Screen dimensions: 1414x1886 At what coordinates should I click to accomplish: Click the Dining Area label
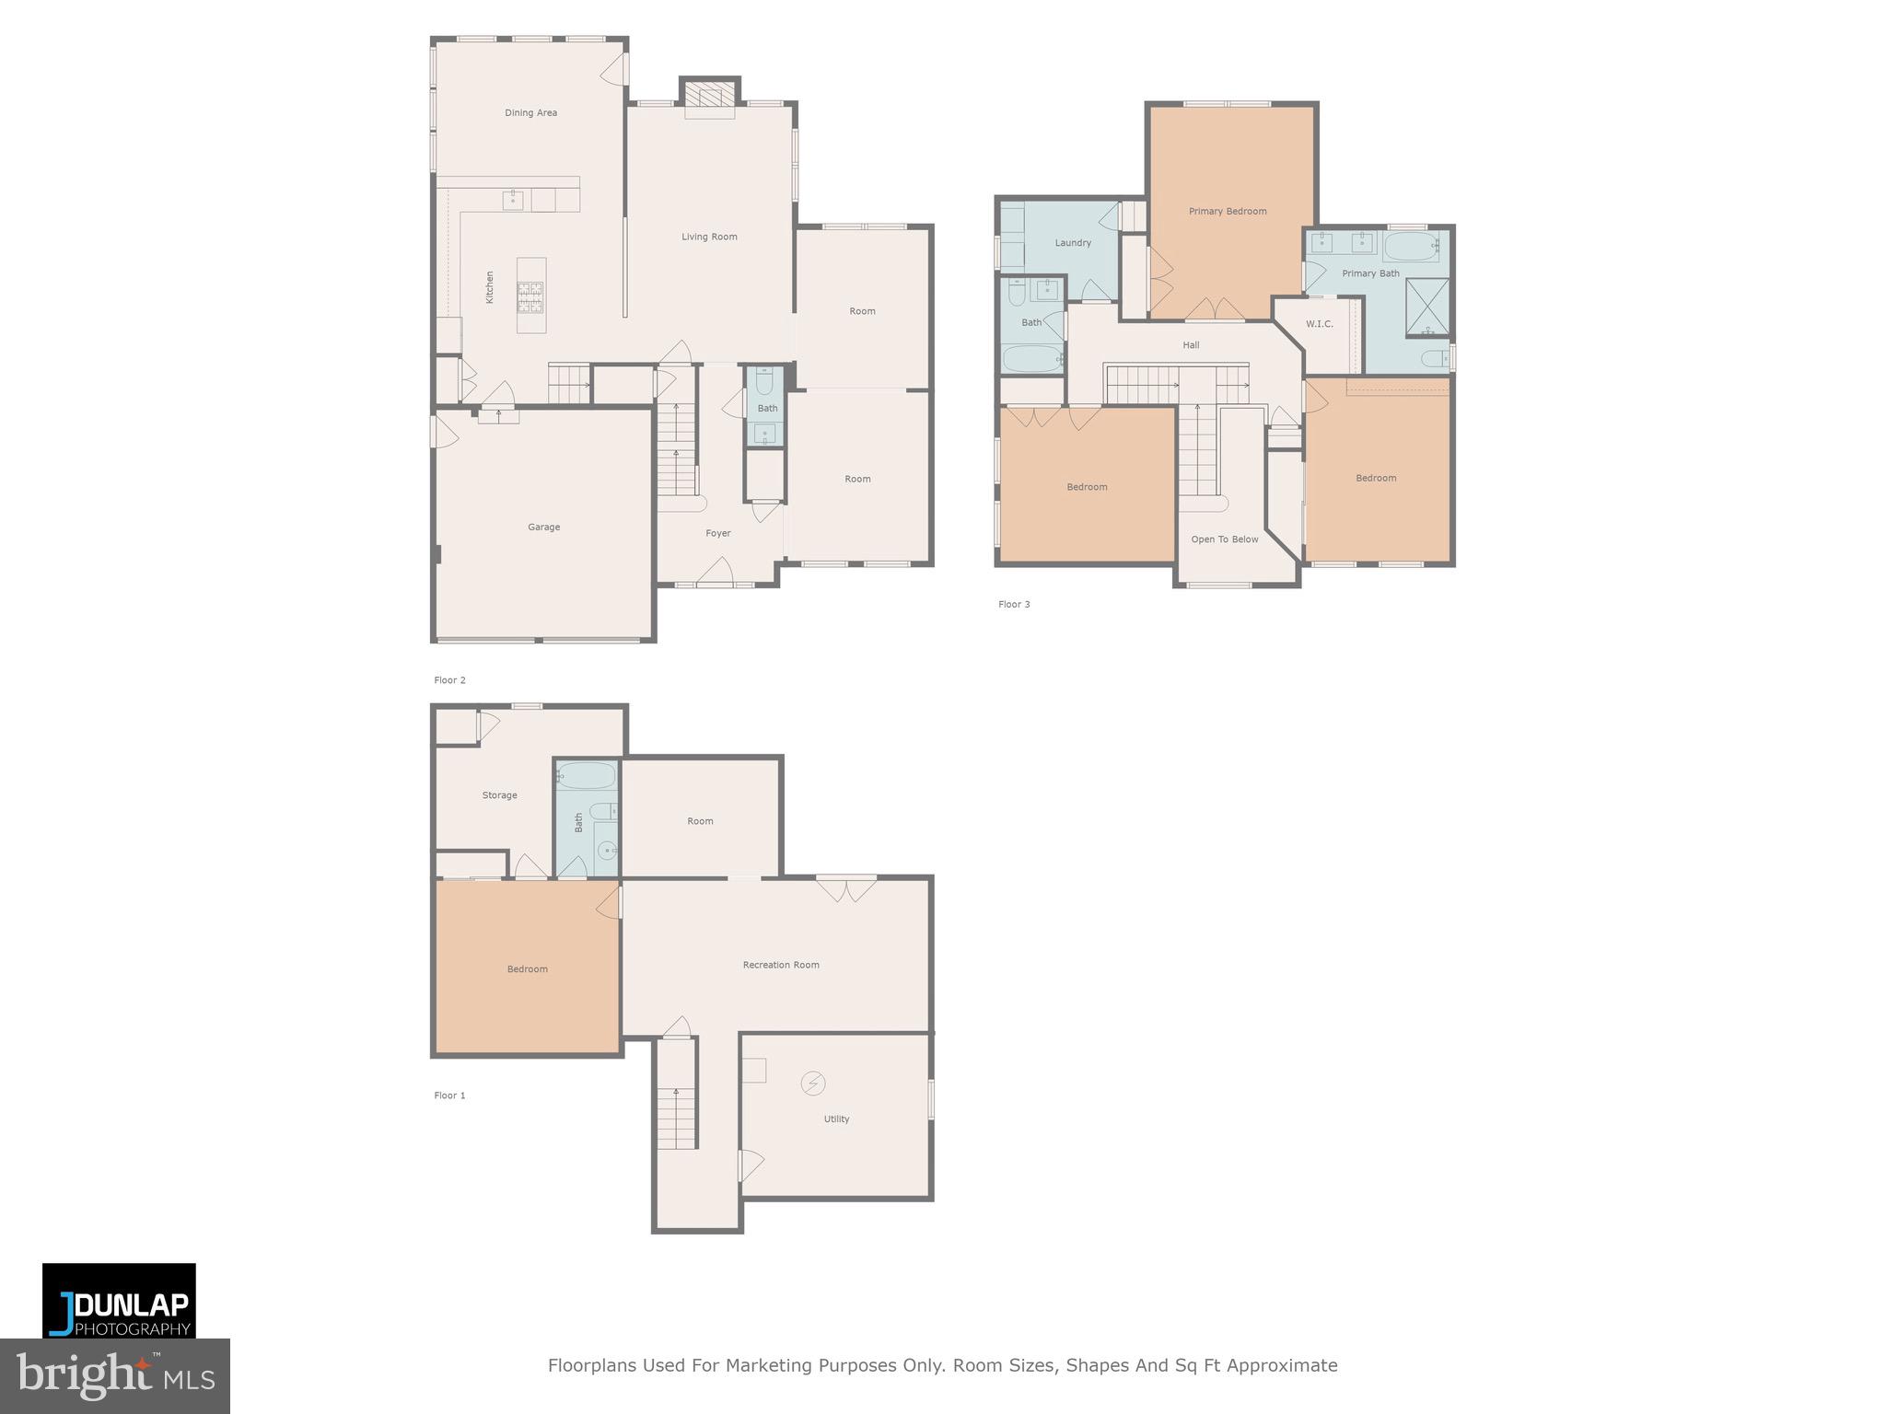[x=530, y=113]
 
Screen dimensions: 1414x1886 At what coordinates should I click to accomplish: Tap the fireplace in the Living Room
[x=709, y=98]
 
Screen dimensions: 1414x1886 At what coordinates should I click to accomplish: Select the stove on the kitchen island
[x=530, y=296]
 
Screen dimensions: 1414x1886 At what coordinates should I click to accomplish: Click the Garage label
[x=543, y=527]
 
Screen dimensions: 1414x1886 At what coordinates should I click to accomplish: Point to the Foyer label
[x=717, y=533]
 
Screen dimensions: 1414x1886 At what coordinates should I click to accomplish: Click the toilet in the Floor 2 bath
[x=764, y=380]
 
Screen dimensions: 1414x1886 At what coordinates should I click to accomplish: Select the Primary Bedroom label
[x=1227, y=212]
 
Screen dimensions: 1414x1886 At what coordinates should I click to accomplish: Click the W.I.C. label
[x=1319, y=324]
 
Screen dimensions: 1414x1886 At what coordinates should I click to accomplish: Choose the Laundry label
[x=1072, y=243]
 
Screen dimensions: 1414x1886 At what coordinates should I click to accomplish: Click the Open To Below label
[x=1224, y=539]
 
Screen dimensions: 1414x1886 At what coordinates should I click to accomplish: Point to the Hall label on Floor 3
[x=1191, y=345]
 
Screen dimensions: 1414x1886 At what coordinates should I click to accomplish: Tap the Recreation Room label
[x=780, y=965]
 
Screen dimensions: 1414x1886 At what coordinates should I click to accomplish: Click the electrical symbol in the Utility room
[x=812, y=1084]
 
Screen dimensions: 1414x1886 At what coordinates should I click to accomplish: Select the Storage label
[x=499, y=795]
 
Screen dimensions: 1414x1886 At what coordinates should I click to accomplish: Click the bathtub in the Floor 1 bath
[x=586, y=776]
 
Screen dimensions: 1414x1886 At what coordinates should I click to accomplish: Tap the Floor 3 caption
[x=1014, y=605]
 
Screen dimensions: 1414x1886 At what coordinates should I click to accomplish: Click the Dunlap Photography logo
[x=119, y=1300]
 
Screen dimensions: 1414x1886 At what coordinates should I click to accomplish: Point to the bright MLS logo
[x=114, y=1375]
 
